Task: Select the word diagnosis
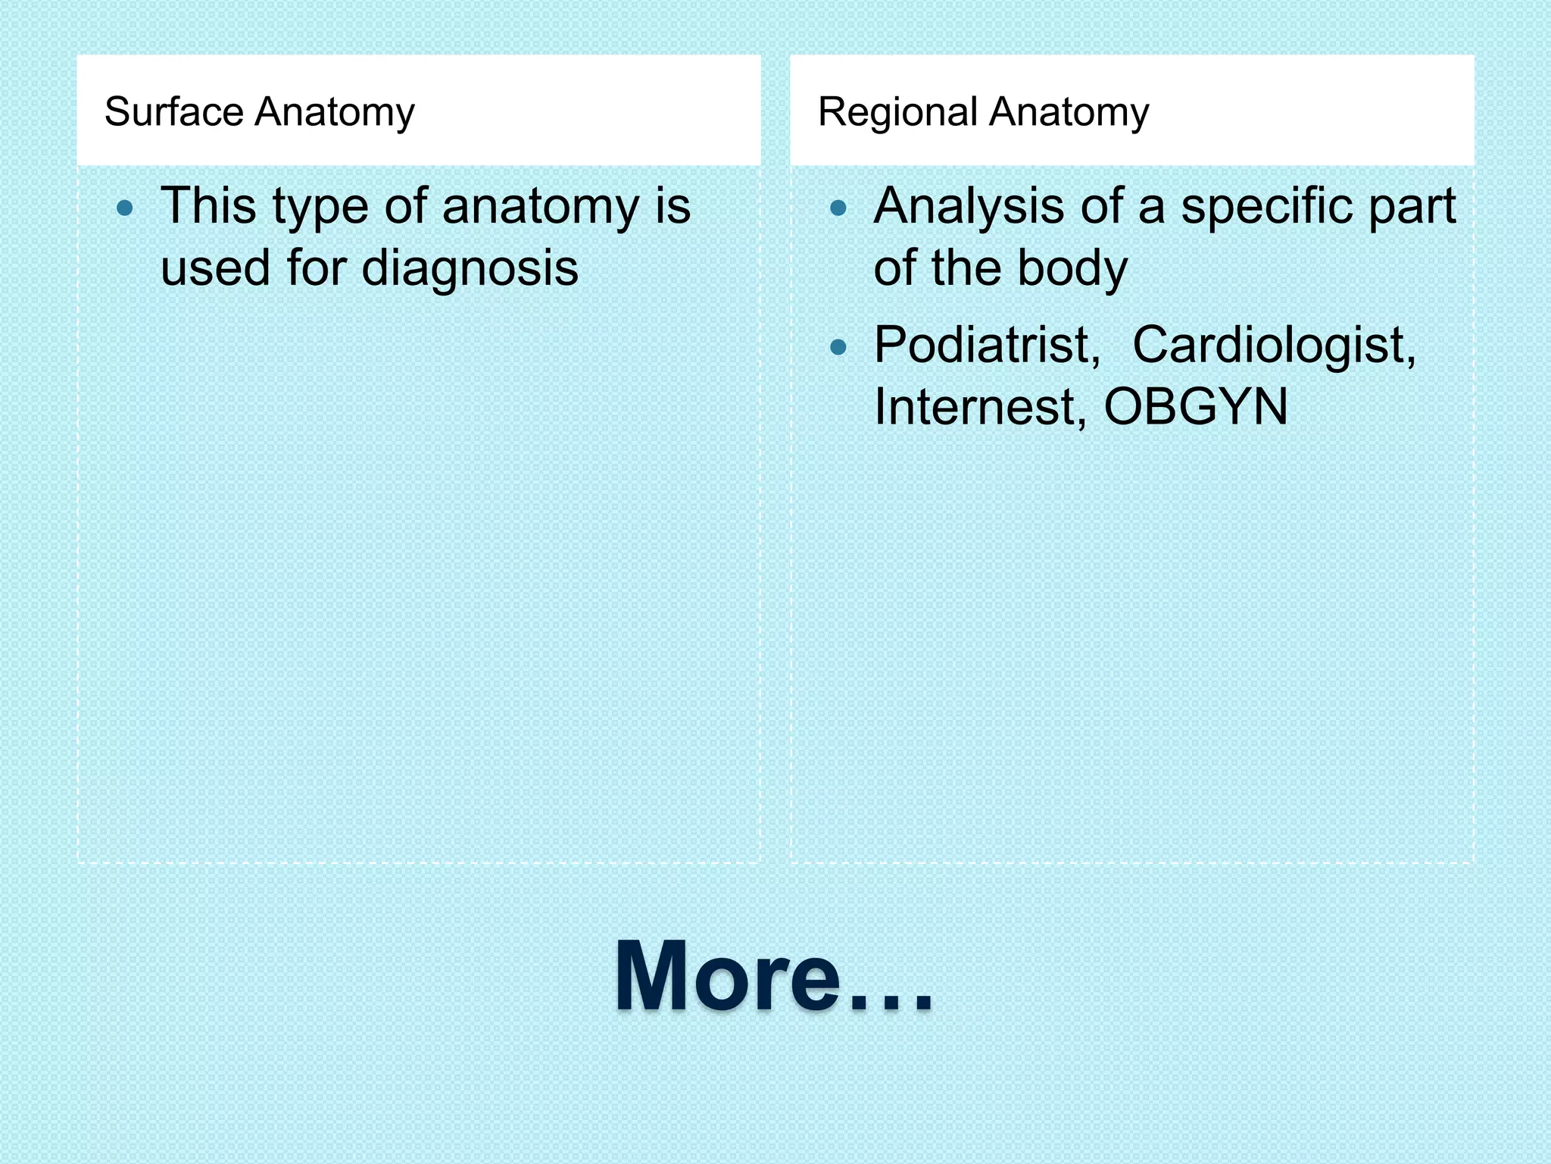pos(470,268)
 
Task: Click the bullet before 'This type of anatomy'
pos(126,208)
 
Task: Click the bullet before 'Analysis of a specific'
pos(838,208)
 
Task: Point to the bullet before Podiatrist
pos(838,347)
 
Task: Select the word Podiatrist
pos(987,345)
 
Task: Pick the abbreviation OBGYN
pos(1195,407)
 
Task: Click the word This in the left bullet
pos(208,206)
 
